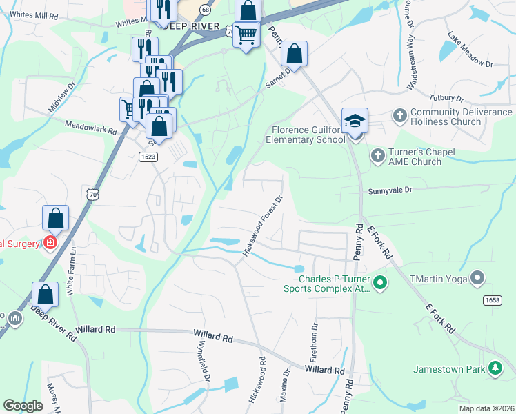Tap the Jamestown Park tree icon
(x=495, y=369)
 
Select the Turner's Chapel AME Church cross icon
(x=377, y=155)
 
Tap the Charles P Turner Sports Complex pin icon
(x=380, y=282)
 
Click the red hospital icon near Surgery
(x=50, y=243)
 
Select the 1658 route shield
(x=492, y=299)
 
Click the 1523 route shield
(x=148, y=157)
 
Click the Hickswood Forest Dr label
(x=263, y=225)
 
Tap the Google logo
(x=23, y=406)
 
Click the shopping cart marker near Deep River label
(x=246, y=34)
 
